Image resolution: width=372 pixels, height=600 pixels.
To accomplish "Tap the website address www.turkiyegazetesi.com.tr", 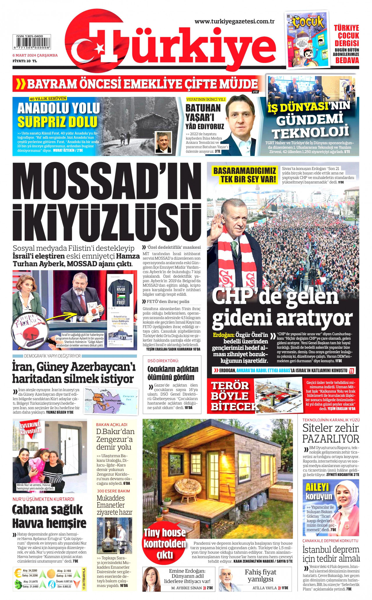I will (x=235, y=21).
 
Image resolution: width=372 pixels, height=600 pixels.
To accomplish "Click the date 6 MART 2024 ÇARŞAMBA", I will (x=35, y=55).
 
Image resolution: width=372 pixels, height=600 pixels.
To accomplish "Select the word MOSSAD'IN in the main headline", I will (x=107, y=182).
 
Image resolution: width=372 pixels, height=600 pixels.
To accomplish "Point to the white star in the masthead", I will (x=100, y=48).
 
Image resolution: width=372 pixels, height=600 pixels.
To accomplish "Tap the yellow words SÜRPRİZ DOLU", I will (x=57, y=122).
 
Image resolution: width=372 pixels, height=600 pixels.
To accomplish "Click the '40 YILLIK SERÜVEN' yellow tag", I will (x=48, y=98).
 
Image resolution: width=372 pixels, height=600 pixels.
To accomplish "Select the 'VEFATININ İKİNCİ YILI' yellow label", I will (x=205, y=99).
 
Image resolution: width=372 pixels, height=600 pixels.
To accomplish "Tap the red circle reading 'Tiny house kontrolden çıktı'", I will (x=164, y=543).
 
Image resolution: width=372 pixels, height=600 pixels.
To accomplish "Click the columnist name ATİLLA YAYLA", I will (x=264, y=588).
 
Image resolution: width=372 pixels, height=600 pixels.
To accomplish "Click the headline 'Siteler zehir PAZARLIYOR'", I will (x=331, y=433).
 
